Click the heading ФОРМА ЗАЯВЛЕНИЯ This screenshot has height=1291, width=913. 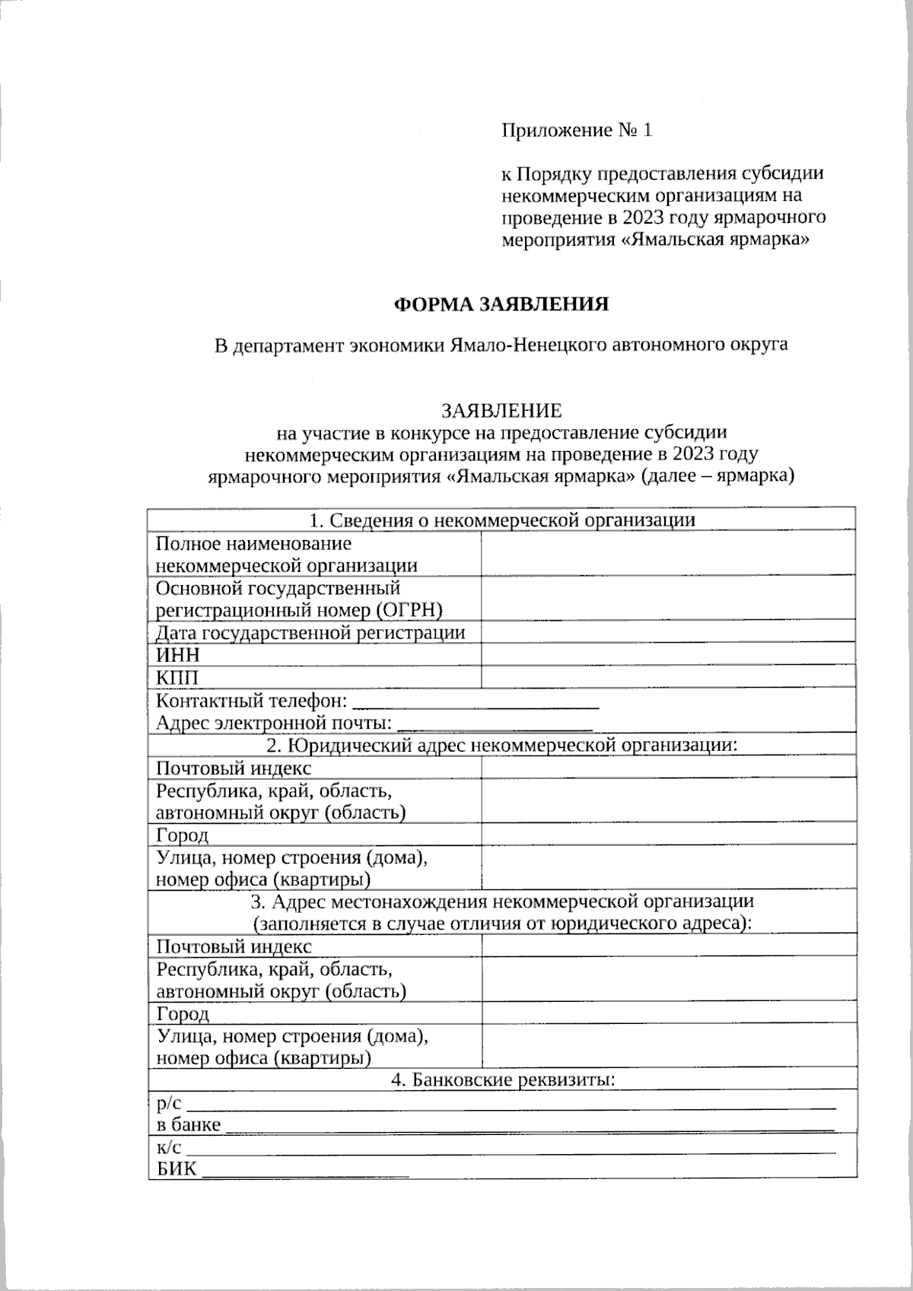501,304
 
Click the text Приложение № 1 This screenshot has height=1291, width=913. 577,130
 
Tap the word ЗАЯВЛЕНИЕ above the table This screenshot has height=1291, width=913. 501,411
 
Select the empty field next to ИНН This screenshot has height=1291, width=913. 667,654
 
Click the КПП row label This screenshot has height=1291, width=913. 178,677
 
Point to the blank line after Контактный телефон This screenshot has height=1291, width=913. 477,701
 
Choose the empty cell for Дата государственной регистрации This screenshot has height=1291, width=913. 667,632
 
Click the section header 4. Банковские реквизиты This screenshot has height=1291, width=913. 502,1080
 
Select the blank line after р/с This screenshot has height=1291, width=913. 511,1103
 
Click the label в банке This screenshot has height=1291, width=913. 189,1124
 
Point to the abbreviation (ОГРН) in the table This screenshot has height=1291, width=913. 408,610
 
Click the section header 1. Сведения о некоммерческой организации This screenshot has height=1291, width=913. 502,520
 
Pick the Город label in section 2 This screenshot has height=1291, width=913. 183,835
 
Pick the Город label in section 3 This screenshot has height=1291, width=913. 183,1014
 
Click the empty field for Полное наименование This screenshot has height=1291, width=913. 667,554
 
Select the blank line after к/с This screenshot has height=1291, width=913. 511,1147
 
